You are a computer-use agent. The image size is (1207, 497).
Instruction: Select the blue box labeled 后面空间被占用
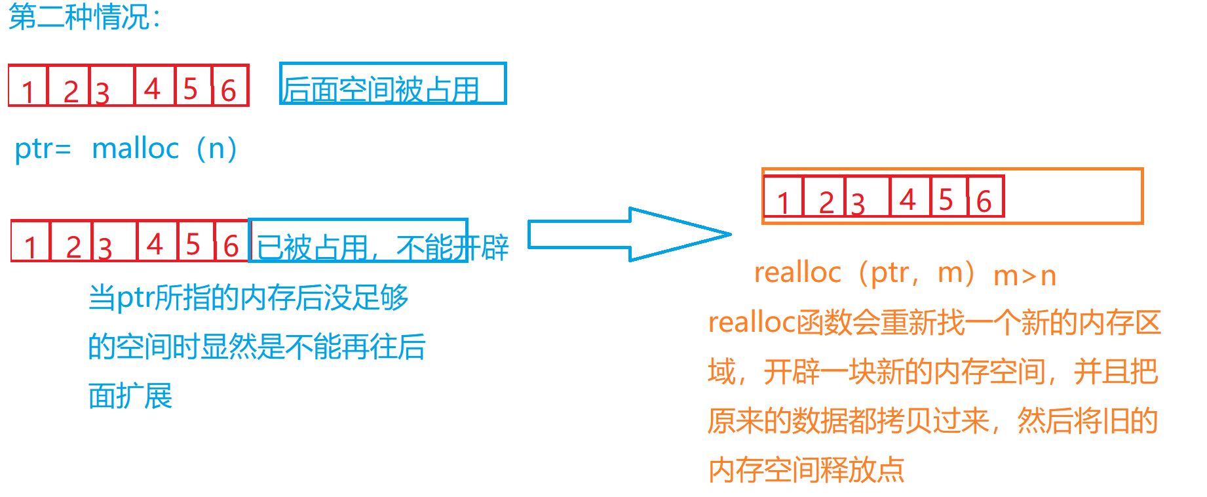tap(393, 84)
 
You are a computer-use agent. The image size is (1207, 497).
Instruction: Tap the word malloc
tap(135, 149)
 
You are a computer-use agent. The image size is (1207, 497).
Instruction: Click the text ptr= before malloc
tap(42, 149)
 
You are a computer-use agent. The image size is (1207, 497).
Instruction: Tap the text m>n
tap(1025, 276)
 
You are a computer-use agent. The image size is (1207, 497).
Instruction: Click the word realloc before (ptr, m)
tap(797, 272)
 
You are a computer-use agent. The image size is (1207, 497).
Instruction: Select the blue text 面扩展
tap(130, 397)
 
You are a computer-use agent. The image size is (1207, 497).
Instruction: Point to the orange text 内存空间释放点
tap(806, 470)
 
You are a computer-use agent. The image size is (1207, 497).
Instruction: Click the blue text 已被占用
tap(312, 247)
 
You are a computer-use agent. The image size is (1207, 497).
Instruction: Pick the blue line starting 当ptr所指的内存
tap(248, 298)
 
